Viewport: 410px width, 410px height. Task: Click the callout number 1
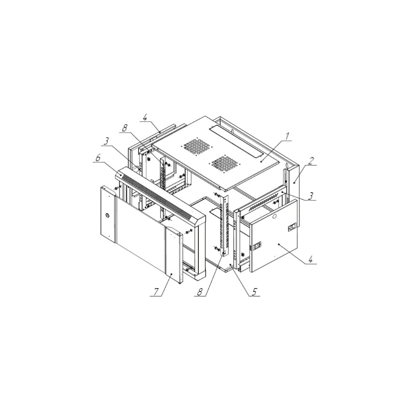pos(287,137)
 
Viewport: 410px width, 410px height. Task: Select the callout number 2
pos(310,161)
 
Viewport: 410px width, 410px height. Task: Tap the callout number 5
pos(255,292)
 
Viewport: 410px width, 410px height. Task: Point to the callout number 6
pos(98,158)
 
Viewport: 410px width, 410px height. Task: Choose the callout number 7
pos(156,292)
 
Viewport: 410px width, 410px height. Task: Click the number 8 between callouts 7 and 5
pos(200,292)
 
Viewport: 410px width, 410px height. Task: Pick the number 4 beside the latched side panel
pos(310,260)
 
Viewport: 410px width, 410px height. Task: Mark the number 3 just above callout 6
pos(106,141)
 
